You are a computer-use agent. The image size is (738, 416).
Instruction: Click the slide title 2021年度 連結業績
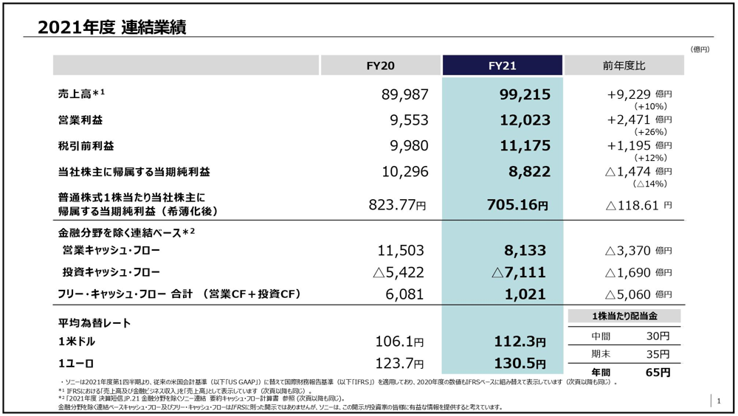point(111,27)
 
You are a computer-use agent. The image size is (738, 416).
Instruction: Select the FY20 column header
point(380,66)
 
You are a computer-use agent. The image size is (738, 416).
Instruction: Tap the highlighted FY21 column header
point(502,66)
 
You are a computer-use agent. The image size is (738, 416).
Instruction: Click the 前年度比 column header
point(624,66)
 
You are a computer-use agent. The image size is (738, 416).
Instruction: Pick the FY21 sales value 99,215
point(525,94)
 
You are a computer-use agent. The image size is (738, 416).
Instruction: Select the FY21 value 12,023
point(525,120)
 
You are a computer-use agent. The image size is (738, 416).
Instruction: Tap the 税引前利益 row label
point(86,146)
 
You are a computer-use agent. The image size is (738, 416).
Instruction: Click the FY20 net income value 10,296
point(401,172)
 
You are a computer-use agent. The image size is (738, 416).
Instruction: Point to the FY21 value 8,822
point(529,172)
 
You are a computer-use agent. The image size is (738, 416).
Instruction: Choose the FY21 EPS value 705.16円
point(517,205)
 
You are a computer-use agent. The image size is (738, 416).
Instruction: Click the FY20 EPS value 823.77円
point(397,205)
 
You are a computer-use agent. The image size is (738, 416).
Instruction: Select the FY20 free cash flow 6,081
point(404,294)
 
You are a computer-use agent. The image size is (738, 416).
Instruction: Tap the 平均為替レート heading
point(94,323)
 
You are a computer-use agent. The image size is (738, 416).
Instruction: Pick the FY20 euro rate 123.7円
point(400,364)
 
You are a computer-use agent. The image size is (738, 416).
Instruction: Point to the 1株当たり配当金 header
point(624,316)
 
